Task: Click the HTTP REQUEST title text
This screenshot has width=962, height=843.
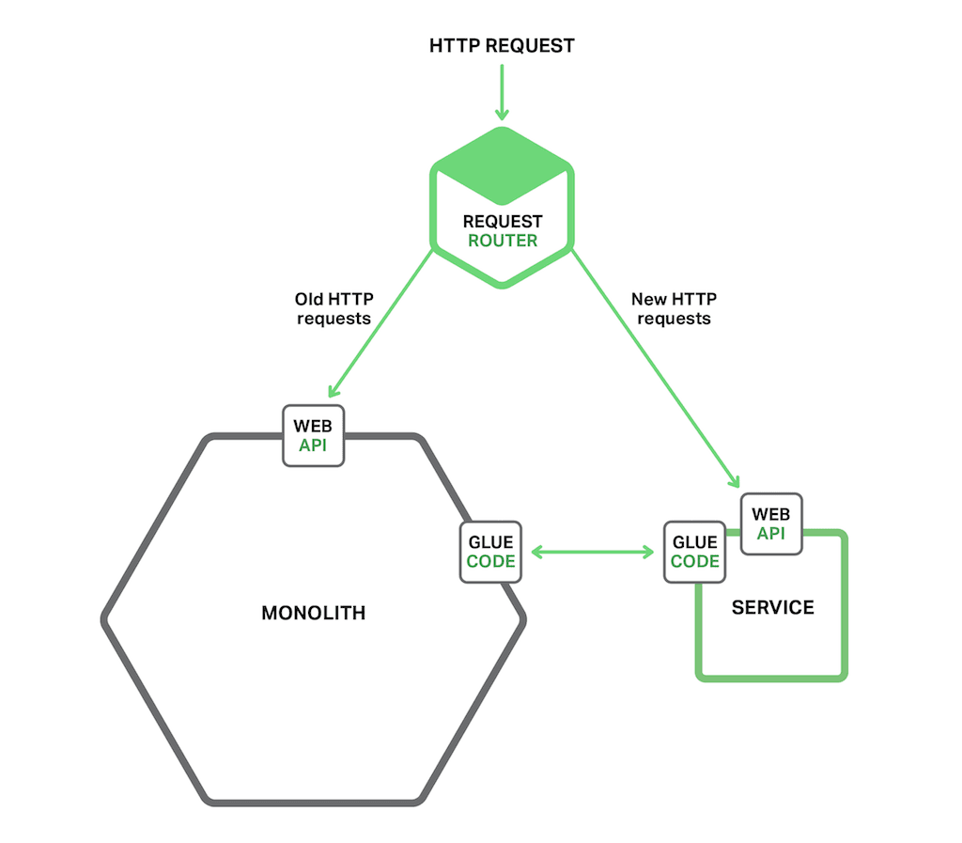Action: click(502, 45)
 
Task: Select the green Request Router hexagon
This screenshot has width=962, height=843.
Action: click(502, 188)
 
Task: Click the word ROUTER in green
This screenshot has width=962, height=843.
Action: click(503, 241)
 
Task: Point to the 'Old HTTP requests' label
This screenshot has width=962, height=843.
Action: click(334, 309)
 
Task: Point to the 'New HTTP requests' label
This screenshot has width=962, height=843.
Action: click(674, 309)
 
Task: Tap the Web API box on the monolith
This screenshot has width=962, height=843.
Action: click(314, 435)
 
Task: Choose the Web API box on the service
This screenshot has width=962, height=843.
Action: click(771, 524)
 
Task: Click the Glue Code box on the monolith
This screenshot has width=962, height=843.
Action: click(490, 552)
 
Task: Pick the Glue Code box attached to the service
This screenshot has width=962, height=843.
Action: click(695, 552)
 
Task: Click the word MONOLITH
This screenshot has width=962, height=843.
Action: click(313, 614)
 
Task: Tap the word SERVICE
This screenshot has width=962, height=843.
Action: click(772, 607)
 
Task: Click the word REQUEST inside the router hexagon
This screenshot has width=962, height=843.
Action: click(503, 222)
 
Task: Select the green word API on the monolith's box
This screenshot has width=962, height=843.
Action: click(314, 445)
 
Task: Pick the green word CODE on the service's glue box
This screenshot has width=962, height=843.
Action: click(695, 561)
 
